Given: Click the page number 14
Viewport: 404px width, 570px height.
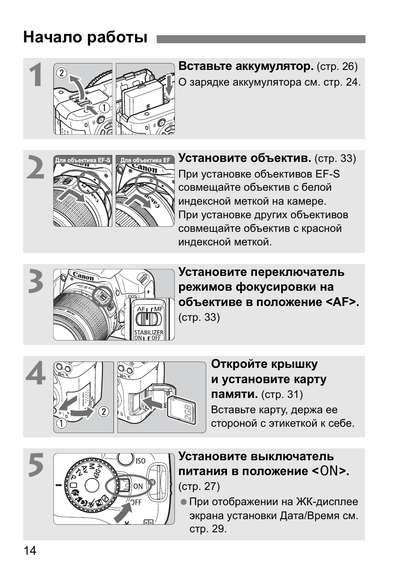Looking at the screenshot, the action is pos(30,551).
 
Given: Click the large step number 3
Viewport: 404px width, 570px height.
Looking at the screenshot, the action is pos(36,282).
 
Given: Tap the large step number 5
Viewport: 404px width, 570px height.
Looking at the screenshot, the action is pos(36,465).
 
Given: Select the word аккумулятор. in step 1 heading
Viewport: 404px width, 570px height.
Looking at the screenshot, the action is pos(274,67).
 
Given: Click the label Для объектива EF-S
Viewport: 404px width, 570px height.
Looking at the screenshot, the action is pos(83,160).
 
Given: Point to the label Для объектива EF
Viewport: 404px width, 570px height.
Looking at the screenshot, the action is pos(145,160).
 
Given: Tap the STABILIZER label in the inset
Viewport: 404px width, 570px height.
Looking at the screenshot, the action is pos(149,332).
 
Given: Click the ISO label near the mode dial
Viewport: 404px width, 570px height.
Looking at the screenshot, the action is pos(141,461).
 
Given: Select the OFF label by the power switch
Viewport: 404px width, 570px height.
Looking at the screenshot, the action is pos(136,502).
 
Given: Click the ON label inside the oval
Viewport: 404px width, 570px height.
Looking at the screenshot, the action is pos(138,486).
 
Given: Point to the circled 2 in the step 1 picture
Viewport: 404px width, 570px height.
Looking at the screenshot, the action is pos(61,73).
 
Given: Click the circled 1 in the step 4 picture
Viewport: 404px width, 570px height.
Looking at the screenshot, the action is pos(61,423).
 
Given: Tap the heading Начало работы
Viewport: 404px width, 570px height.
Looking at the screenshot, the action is pos(85,37).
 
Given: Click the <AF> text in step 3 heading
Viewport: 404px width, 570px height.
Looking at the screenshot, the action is pos(343,302).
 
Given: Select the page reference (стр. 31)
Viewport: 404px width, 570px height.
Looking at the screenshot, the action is pos(282,395).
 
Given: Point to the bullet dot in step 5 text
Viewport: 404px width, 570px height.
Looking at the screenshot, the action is pos(183,502).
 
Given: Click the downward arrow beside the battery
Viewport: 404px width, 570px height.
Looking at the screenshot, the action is pos(169,87).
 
